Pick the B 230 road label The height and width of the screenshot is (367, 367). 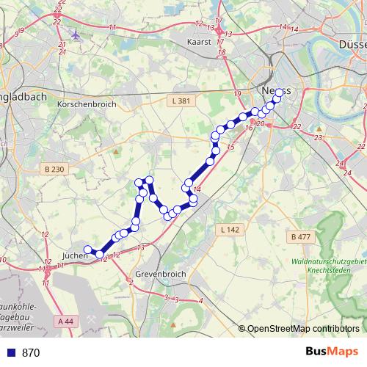(x=54, y=170)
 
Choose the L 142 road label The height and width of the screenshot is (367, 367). (x=230, y=230)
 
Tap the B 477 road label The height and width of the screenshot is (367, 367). (x=301, y=236)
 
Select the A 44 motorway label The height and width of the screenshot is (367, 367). (x=65, y=321)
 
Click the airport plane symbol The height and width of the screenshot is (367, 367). (x=76, y=34)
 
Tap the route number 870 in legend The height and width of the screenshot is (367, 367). (x=31, y=352)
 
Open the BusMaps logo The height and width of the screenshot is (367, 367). (x=332, y=352)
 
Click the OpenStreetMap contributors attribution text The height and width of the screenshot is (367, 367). (x=302, y=328)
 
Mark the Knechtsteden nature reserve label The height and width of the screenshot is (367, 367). (x=327, y=266)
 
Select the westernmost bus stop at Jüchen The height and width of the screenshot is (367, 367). (x=87, y=250)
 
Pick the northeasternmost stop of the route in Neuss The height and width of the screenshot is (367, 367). (x=278, y=92)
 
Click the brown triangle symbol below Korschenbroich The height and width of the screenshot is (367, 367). (x=115, y=151)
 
